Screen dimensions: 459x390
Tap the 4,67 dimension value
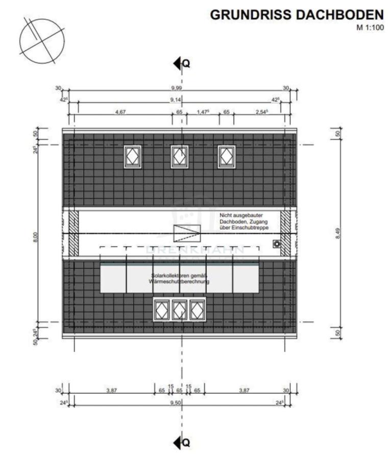tap(120, 112)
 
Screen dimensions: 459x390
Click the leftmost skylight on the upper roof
tap(133, 157)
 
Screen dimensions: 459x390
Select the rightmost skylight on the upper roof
tap(226, 157)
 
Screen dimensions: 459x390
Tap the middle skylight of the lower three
tap(179, 310)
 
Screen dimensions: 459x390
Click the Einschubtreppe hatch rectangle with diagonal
tap(187, 234)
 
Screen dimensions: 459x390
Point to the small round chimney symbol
tap(277, 244)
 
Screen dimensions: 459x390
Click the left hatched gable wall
tap(74, 234)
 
